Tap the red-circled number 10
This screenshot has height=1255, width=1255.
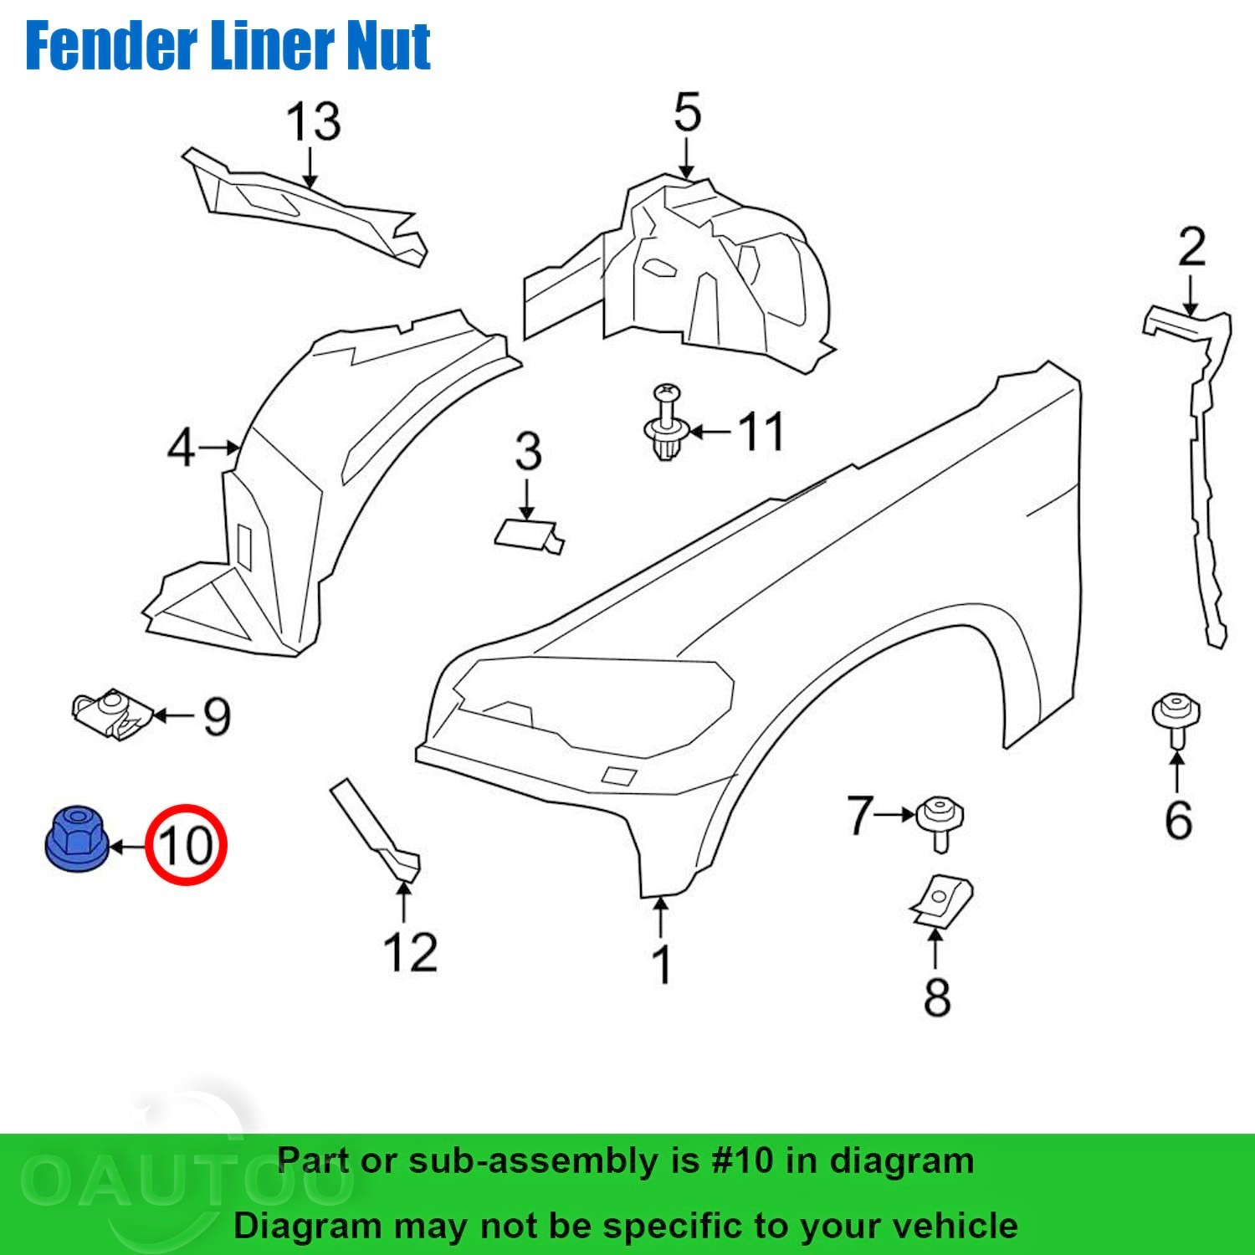click(186, 845)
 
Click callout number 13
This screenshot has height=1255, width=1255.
click(314, 122)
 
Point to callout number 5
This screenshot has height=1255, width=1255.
click(687, 112)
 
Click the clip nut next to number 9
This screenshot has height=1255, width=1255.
click(111, 715)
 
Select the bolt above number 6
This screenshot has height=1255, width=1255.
click(1176, 720)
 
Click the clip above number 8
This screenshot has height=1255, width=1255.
click(940, 902)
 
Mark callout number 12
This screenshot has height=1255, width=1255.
click(410, 953)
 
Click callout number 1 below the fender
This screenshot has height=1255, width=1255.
click(661, 965)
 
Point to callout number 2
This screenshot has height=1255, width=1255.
click(1191, 247)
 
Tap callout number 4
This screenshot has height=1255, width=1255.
click(181, 448)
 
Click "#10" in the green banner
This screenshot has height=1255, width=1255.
click(742, 1160)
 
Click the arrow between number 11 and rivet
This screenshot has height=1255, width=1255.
click(711, 432)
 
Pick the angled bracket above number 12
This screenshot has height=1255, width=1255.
click(376, 829)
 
